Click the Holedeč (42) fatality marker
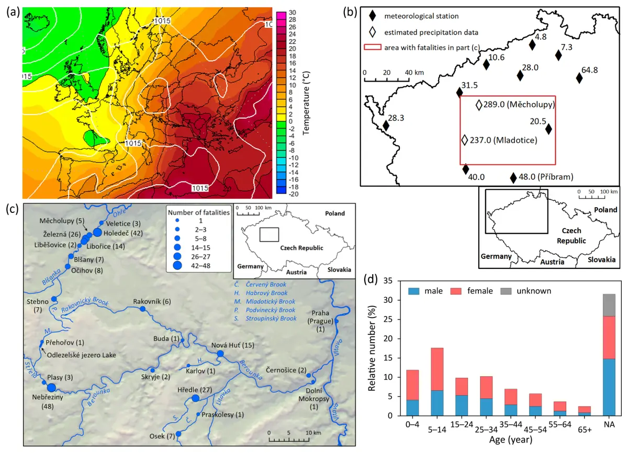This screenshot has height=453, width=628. [x=97, y=232]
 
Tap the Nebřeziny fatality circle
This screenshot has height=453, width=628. [x=51, y=388]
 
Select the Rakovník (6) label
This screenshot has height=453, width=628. [x=152, y=302]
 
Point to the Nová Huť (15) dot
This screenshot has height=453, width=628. [x=220, y=354]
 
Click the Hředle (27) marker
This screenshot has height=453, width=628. [x=195, y=399]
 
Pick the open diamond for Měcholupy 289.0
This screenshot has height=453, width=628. [x=479, y=105]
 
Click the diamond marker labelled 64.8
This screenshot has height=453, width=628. [x=579, y=78]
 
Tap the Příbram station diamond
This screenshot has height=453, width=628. [x=513, y=178]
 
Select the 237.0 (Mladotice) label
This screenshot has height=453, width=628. [x=503, y=140]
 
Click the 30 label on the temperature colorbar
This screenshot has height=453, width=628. [x=293, y=13]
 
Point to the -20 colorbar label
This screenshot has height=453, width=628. [x=294, y=194]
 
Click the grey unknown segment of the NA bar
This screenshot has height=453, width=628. [x=609, y=305]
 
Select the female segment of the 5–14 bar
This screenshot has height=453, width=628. [x=437, y=369]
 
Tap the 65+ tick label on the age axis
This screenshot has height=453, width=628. [x=585, y=429]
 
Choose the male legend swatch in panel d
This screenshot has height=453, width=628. [x=413, y=291]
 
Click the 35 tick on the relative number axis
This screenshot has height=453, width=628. [x=388, y=281]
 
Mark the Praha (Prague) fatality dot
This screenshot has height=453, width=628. [x=337, y=321]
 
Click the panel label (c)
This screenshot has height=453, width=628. [x=13, y=209]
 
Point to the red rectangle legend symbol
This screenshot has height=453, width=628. [x=373, y=47]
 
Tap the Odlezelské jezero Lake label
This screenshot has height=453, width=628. [x=81, y=355]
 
